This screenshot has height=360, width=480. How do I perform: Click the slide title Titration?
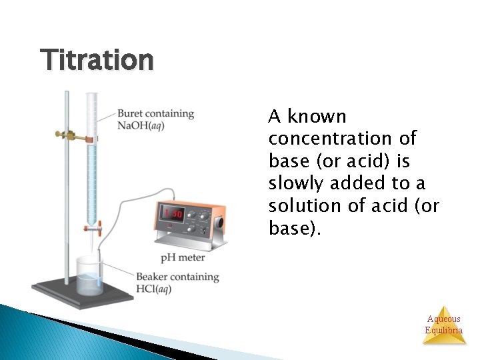click(97, 61)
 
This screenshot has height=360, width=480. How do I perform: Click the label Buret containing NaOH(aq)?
click(156, 119)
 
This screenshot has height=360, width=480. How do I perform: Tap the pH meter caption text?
click(182, 258)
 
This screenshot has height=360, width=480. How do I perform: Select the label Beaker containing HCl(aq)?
click(177, 282)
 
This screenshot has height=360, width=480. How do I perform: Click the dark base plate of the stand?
click(80, 293)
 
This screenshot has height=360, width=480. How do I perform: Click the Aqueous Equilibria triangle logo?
click(444, 325)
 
